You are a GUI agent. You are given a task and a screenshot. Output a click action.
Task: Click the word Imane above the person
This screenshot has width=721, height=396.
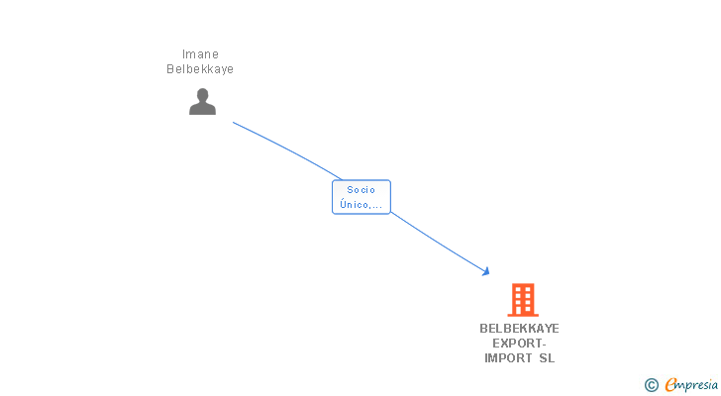pos(201,54)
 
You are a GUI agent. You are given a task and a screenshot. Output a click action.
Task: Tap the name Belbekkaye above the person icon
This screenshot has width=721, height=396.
pos(201,69)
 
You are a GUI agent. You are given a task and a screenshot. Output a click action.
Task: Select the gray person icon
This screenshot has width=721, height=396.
pos(202,101)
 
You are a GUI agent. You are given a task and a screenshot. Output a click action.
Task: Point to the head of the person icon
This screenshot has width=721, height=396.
pos(202,95)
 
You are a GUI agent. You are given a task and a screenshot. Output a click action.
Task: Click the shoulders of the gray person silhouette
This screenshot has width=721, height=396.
pos(202,109)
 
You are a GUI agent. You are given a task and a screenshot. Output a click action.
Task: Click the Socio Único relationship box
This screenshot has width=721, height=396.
pos(361,197)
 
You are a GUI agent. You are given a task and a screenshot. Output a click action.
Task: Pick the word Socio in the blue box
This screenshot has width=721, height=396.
pos(361,190)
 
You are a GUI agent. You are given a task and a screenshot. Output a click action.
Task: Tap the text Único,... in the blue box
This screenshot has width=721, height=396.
pos(361,204)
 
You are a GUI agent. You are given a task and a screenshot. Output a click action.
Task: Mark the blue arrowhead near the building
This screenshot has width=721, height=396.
pos(485,270)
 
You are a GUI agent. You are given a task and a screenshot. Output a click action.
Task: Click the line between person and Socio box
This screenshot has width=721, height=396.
pos(287,148)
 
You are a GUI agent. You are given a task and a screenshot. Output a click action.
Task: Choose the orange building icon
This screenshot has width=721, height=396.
pos(522,299)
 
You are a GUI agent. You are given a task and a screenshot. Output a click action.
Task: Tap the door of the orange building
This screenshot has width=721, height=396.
pos(522,310)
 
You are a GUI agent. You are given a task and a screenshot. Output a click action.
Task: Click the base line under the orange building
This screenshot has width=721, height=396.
pos(522,315)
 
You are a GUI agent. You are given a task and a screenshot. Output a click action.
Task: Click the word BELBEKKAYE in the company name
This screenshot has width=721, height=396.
pos(519,329)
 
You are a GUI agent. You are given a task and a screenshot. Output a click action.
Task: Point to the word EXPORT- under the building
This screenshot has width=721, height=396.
pos(519,344)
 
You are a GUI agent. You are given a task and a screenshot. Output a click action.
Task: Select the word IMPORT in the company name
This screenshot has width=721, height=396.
pos(508,358)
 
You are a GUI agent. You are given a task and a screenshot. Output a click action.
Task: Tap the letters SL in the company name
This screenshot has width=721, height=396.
pos(547,358)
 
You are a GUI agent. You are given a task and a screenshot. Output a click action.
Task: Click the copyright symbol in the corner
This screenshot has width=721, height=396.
pos(651,385)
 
